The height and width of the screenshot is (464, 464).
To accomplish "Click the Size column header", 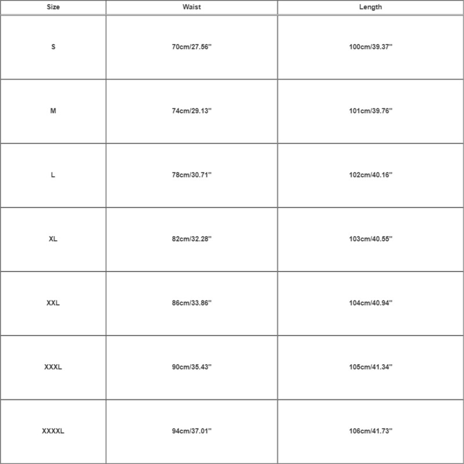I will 53,8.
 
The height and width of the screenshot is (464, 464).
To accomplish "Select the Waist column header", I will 192,8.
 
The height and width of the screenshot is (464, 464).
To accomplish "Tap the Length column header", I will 370,8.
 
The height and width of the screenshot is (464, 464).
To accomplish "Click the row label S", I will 53,47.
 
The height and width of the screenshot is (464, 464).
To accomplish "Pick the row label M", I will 53,111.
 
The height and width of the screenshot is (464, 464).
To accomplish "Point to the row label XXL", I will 53,303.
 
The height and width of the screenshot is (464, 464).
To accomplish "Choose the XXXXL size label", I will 53,432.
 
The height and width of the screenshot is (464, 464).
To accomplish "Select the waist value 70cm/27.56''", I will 192,47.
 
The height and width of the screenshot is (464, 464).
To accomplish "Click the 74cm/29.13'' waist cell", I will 192,111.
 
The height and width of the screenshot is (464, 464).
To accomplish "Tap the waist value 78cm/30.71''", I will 192,175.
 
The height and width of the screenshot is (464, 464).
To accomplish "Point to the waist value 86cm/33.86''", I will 192,303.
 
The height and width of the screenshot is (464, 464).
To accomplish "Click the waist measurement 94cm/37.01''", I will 192,432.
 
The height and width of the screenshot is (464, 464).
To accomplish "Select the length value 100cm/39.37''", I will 370,47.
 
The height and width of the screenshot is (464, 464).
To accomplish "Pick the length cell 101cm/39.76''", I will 370,111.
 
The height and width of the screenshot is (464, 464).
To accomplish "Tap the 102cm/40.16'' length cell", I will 370,175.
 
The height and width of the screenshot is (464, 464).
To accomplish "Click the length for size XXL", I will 370,303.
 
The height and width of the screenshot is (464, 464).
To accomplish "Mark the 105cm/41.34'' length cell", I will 370,367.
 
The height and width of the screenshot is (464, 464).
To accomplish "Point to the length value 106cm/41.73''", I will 370,432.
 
